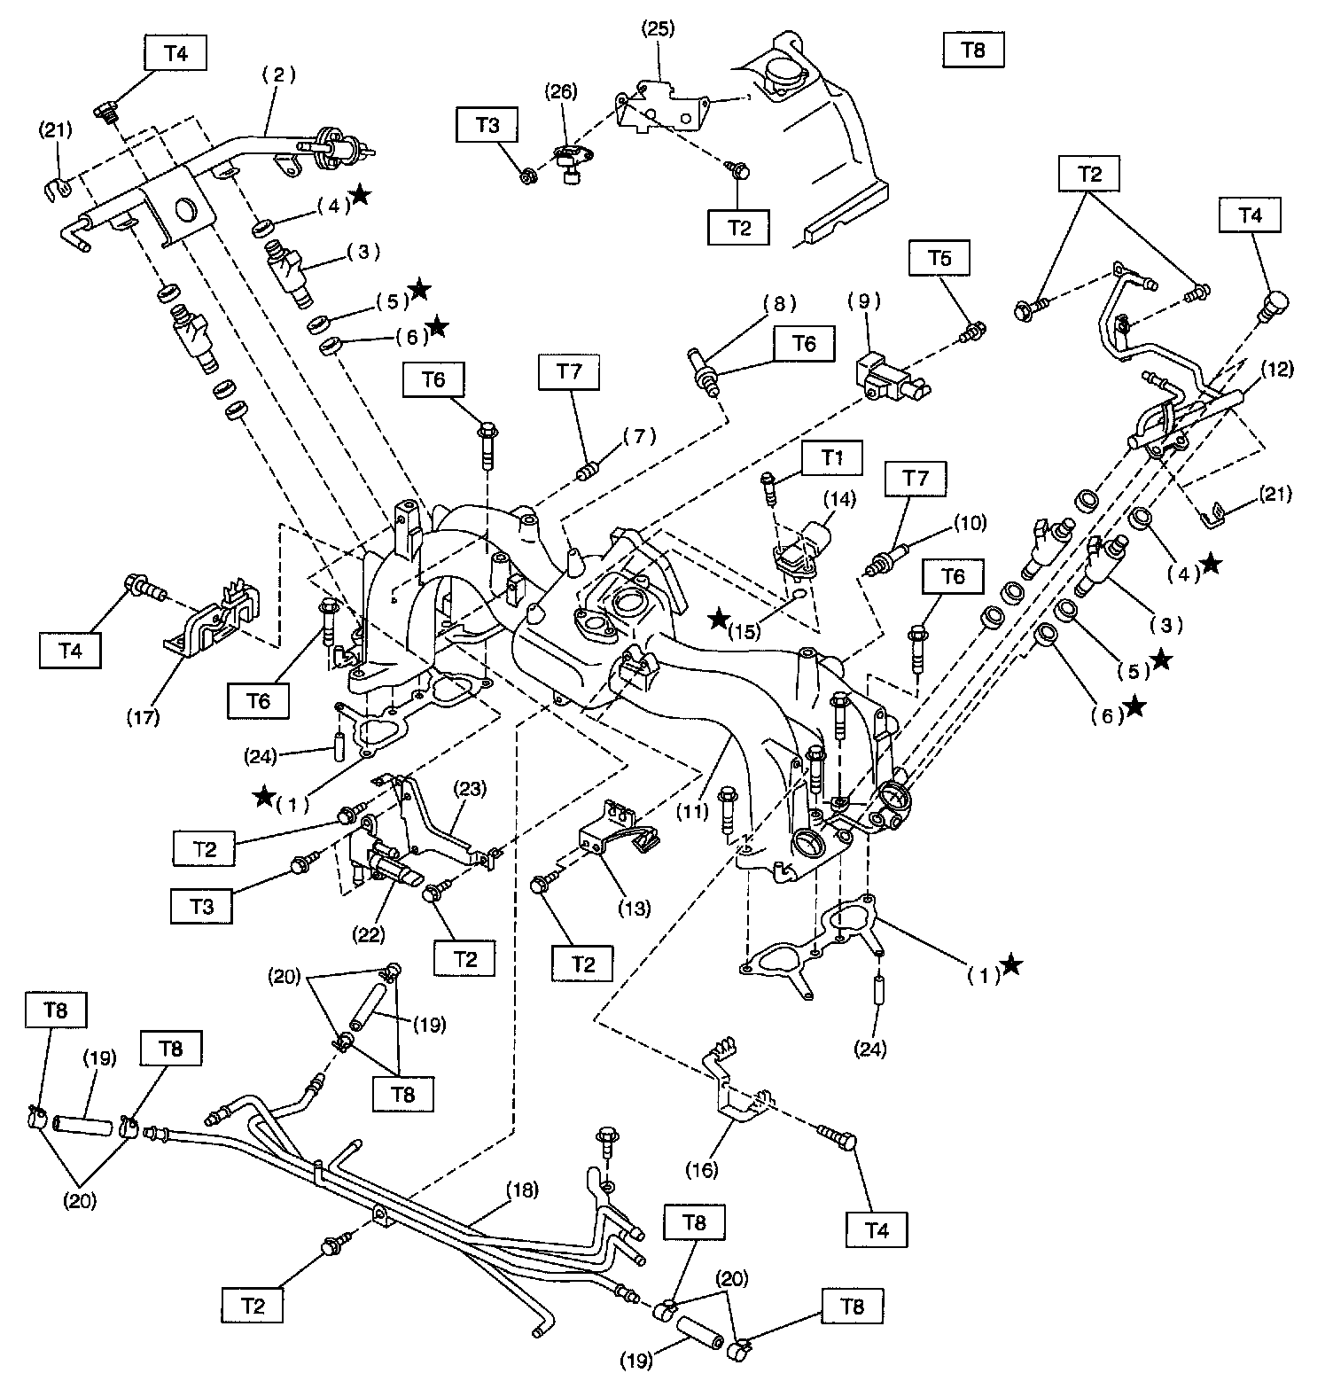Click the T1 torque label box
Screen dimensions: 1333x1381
click(x=831, y=457)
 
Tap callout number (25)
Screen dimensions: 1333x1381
click(x=658, y=27)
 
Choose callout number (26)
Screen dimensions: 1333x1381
click(x=560, y=90)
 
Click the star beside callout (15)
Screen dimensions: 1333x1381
click(x=719, y=619)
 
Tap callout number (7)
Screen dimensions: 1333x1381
click(x=639, y=435)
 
